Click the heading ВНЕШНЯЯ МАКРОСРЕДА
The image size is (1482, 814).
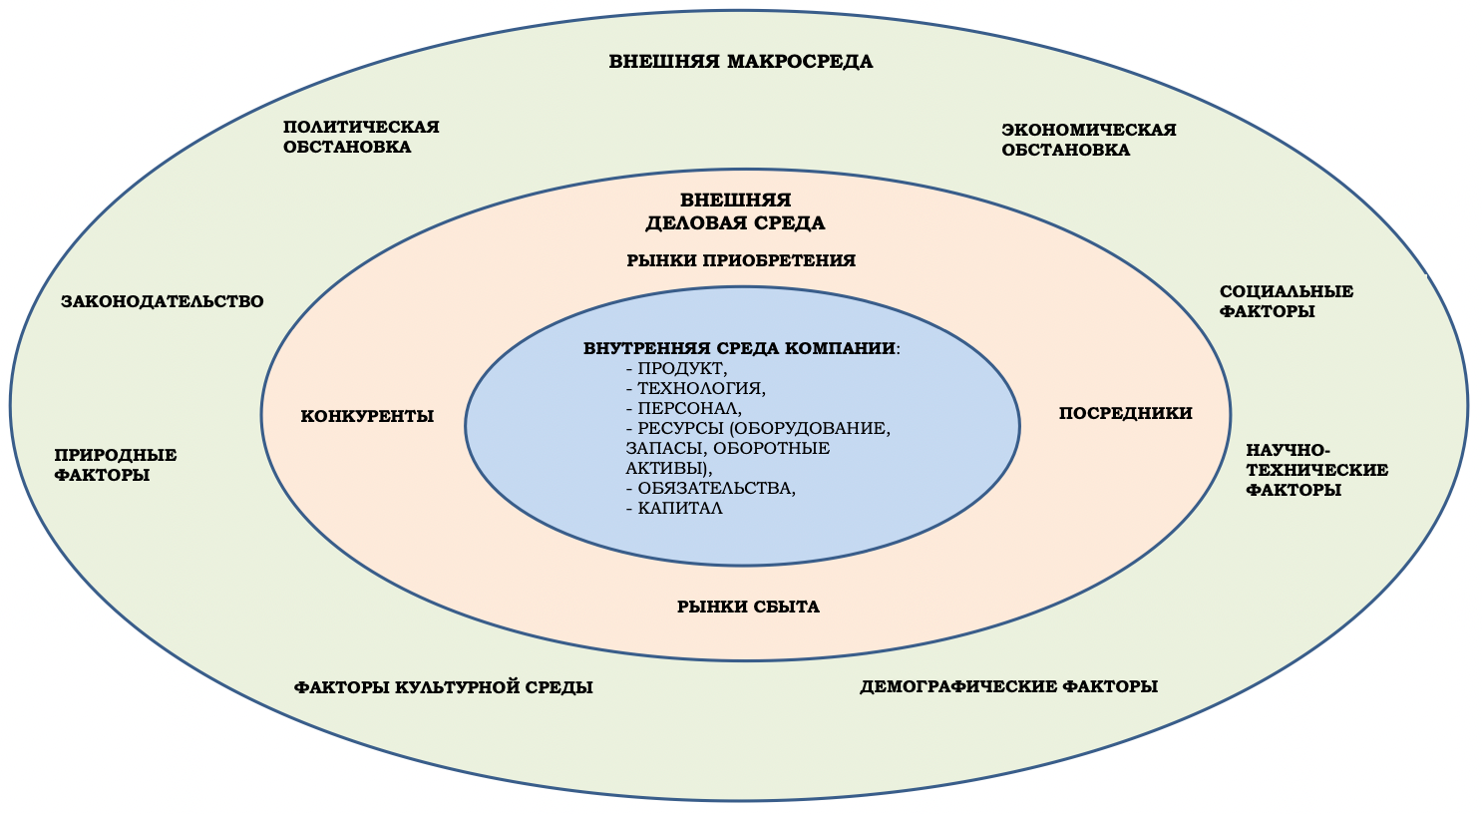coord(740,62)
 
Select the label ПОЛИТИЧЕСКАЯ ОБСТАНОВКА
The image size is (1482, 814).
coord(361,137)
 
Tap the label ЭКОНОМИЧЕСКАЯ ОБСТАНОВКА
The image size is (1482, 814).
coord(1088,140)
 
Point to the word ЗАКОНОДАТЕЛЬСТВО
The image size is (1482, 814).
coord(163,301)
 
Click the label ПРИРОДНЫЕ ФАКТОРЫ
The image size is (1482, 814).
coord(116,465)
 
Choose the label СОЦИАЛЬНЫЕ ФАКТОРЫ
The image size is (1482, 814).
coord(1286,301)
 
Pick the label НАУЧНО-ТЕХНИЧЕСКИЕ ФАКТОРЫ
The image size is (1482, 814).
coord(1316,470)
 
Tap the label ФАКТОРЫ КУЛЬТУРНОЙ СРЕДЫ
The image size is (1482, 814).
coord(443,687)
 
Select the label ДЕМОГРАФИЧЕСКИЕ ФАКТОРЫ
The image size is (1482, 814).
coord(1008,686)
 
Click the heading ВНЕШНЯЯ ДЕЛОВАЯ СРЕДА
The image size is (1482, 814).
coord(736,211)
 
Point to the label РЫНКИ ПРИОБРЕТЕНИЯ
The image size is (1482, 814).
coord(741,260)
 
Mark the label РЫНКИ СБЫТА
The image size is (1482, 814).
coord(748,607)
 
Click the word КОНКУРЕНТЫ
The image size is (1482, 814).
coord(367,416)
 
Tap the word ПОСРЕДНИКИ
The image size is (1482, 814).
coord(1125,413)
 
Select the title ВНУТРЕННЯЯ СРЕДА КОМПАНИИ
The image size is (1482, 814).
coord(739,349)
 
